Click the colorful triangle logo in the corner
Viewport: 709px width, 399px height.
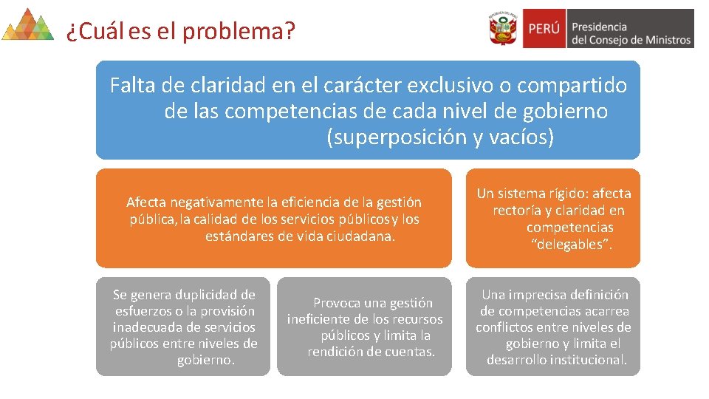(x=27, y=24)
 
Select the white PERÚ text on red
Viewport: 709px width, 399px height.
(x=544, y=29)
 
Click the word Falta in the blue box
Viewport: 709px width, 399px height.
(x=134, y=86)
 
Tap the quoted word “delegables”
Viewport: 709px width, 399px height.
(x=570, y=245)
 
